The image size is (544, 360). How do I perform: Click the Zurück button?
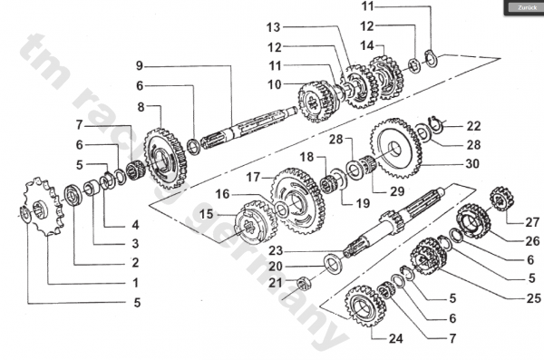pyautogui.click(x=526, y=7)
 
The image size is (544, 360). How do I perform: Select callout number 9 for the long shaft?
pyautogui.click(x=140, y=65)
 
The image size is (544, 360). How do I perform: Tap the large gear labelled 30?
pyautogui.click(x=395, y=148)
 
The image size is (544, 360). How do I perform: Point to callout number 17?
pyautogui.click(x=253, y=178)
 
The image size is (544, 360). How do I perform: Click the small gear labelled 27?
pyautogui.click(x=501, y=199)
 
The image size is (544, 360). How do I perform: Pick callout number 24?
pyautogui.click(x=396, y=338)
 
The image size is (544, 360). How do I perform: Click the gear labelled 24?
pyautogui.click(x=365, y=306)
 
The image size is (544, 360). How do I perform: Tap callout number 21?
pyautogui.click(x=276, y=283)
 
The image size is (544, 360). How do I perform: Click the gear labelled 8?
pyautogui.click(x=165, y=158)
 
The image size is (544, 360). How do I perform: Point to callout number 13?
pyautogui.click(x=274, y=27)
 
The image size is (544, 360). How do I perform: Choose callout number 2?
pyautogui.click(x=135, y=262)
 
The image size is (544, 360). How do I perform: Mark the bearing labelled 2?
pyautogui.click(x=73, y=196)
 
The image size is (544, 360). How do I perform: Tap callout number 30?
pyautogui.click(x=472, y=163)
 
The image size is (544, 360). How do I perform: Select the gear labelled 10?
pyautogui.click(x=318, y=102)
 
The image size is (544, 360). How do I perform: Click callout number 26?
pyautogui.click(x=533, y=241)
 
